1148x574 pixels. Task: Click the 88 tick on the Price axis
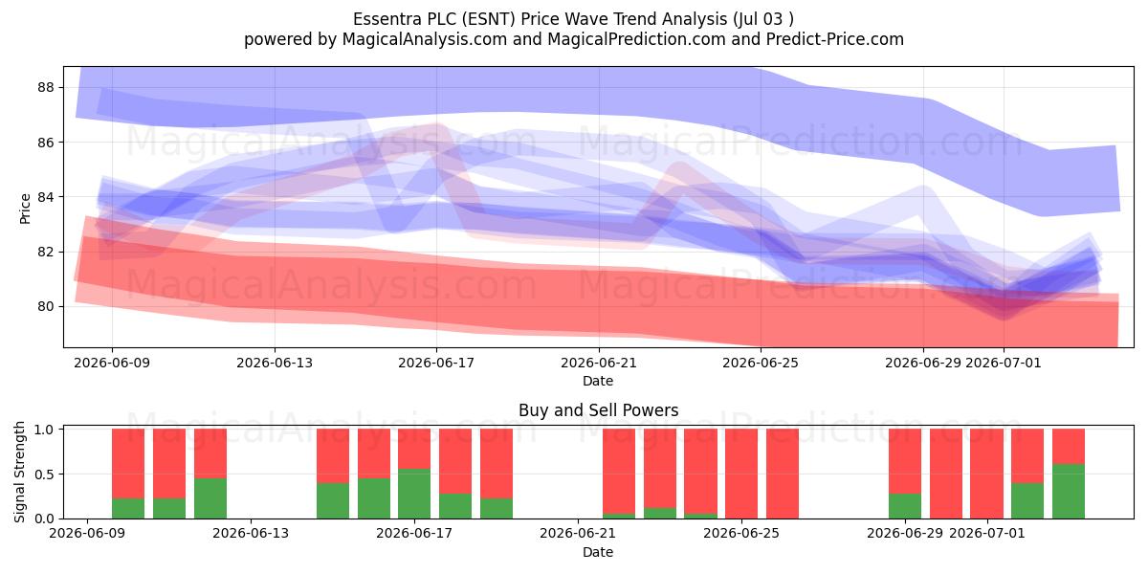[x=46, y=88]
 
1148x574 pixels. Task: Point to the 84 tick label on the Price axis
[x=46, y=197]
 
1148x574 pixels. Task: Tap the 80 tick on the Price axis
[x=46, y=307]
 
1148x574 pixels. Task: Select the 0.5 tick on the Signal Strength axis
[x=44, y=475]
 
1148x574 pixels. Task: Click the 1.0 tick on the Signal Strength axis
[x=44, y=430]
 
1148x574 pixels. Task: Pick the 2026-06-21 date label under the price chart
[x=599, y=363]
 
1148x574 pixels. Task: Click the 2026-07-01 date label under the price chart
[x=1004, y=363]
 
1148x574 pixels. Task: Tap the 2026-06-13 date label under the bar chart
[x=251, y=533]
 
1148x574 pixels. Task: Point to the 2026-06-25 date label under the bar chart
[x=741, y=533]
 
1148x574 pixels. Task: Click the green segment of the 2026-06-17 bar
[x=414, y=494]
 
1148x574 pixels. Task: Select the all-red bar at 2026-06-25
[x=741, y=474]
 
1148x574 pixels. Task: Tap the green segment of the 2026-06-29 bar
[x=905, y=506]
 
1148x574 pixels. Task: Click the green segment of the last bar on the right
[x=1068, y=491]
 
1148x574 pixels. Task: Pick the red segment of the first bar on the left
[x=128, y=463]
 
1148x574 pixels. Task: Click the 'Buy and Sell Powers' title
[x=598, y=410]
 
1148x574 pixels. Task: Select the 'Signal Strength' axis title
[x=19, y=472]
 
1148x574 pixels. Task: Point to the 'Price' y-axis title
[x=25, y=209]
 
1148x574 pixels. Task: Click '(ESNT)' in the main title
[x=489, y=19]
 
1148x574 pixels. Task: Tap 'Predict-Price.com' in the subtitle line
[x=835, y=39]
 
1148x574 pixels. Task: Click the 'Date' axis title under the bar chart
[x=598, y=552]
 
